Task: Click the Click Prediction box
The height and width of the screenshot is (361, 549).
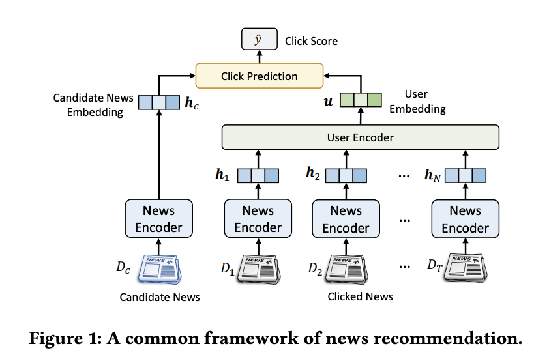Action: [x=259, y=76]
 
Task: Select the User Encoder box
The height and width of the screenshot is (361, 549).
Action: [x=361, y=137]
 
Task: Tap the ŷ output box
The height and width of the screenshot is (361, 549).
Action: [x=260, y=39]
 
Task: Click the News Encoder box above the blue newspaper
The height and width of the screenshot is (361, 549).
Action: [x=158, y=219]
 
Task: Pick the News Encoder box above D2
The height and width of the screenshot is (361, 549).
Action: [x=346, y=219]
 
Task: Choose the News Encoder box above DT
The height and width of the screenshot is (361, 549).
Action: [x=466, y=219]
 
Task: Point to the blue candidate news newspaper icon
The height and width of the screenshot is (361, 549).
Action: [x=160, y=269]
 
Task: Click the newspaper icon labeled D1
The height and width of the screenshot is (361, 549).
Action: [x=259, y=269]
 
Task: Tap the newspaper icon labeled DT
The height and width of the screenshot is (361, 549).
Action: [x=466, y=268]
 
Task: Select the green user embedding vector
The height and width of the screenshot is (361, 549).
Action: [x=361, y=100]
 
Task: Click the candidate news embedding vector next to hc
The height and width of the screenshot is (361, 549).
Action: [x=159, y=102]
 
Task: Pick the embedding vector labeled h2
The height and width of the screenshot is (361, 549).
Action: [x=346, y=175]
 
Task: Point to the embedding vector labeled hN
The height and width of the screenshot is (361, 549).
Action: [x=466, y=175]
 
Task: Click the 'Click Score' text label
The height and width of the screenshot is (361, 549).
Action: [x=311, y=41]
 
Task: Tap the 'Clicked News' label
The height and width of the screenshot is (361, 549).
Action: [x=360, y=296]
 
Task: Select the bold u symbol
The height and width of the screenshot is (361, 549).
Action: [x=328, y=102]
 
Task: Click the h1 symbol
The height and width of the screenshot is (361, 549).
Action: [x=222, y=174]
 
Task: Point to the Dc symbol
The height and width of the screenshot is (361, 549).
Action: [x=123, y=267]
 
